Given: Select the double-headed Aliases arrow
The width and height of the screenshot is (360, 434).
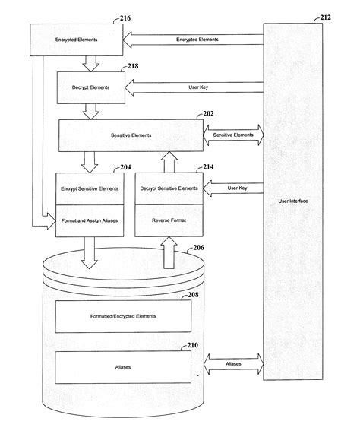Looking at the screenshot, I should coord(233,364).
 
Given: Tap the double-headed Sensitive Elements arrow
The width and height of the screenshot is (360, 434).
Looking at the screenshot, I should coord(233,135).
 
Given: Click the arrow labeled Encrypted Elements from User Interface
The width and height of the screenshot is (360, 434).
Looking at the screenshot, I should coord(194,38).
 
